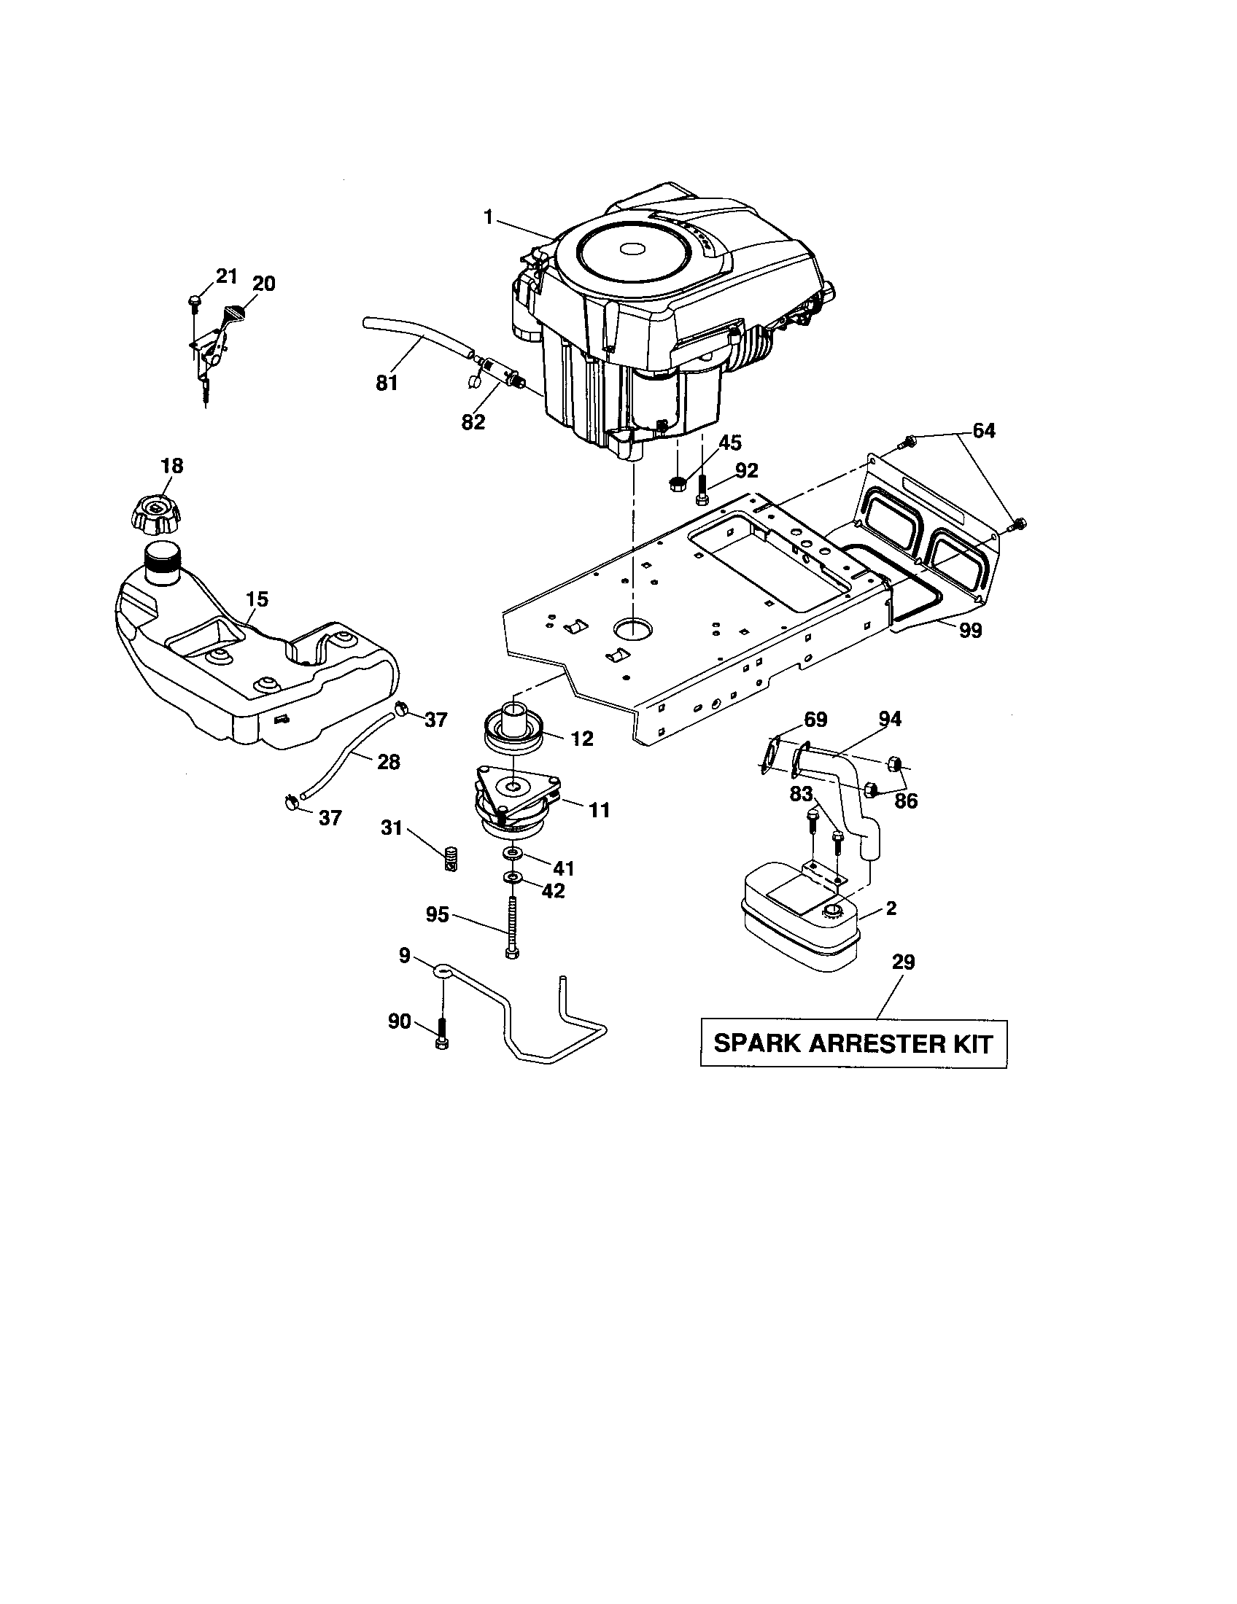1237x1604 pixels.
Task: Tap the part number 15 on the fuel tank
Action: (256, 599)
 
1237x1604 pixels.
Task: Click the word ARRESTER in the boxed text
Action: (856, 1043)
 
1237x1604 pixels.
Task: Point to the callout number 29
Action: (903, 962)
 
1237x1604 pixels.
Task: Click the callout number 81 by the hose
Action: (387, 383)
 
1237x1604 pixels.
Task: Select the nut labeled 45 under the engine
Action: (678, 483)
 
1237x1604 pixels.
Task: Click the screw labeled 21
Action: (195, 300)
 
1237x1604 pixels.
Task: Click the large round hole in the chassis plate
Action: (633, 627)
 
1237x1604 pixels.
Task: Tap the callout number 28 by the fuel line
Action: (388, 762)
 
